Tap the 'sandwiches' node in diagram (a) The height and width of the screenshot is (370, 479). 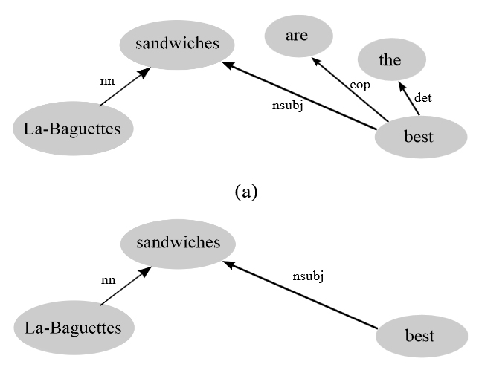coord(178,43)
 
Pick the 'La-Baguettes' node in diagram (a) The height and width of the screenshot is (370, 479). coord(73,129)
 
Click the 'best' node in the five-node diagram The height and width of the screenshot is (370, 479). coord(414,137)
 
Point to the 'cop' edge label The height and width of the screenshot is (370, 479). coord(360,85)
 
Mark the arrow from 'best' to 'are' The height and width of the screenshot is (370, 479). coord(350,89)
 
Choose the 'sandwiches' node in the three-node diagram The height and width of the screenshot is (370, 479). coord(178,243)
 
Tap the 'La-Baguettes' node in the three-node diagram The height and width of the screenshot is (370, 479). coord(74,327)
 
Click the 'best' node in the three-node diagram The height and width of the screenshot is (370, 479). coord(419,337)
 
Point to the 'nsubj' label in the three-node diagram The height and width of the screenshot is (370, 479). coord(308,276)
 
